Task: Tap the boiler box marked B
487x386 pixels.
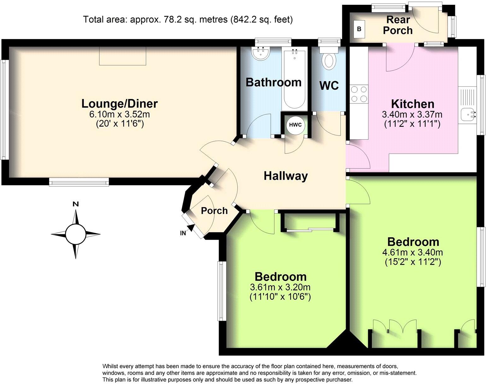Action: click(x=359, y=29)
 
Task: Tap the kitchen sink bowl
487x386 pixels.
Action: click(x=467, y=114)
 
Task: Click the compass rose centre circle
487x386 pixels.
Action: click(x=75, y=234)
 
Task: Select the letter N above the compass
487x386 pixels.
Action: click(x=75, y=204)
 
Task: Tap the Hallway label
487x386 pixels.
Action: click(x=285, y=176)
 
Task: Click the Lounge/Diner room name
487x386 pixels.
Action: click(x=120, y=103)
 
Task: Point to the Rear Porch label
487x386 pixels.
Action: click(x=398, y=25)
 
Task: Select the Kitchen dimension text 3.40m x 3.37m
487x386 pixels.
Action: click(x=412, y=114)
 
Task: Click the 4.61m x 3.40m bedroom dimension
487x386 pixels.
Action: click(x=413, y=252)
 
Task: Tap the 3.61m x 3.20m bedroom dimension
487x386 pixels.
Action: click(x=280, y=287)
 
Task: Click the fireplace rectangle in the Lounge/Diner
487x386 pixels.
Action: click(x=123, y=56)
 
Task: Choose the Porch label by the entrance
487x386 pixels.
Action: click(x=214, y=211)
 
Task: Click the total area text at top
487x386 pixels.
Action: click(x=188, y=20)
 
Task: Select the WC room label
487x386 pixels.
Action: click(x=329, y=85)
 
